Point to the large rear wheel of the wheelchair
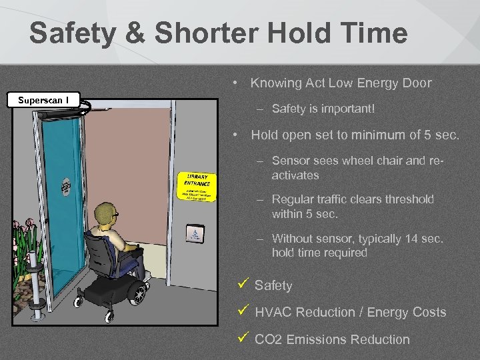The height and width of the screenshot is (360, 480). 135,292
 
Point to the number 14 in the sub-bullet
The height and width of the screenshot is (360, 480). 411,239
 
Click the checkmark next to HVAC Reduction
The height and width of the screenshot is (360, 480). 243,311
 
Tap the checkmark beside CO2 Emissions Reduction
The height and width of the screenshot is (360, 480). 243,338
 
